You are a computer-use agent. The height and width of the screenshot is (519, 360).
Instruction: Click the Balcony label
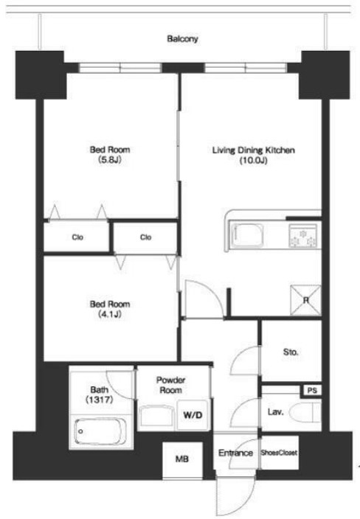[182, 39]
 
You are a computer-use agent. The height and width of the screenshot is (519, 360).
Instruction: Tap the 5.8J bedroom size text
[110, 160]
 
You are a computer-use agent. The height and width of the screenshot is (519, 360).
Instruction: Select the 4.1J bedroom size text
[110, 315]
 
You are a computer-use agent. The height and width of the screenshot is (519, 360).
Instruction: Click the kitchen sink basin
[247, 235]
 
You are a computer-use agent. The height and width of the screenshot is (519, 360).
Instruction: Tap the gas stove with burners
[303, 236]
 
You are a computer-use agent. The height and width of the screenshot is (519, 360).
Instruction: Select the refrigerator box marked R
[305, 300]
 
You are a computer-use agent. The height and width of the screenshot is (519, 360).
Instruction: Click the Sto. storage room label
[291, 352]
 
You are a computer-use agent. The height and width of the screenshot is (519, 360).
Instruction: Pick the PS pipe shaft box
[311, 391]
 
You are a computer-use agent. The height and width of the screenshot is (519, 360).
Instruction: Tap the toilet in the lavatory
[305, 412]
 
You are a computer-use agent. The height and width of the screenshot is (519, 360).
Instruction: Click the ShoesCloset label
[279, 453]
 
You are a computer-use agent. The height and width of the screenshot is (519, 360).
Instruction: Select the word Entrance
[235, 453]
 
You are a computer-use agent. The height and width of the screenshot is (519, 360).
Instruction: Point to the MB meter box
[182, 459]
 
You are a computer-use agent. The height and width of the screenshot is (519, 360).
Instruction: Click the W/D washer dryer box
[193, 415]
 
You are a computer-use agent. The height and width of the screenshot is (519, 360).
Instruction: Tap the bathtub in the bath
[100, 431]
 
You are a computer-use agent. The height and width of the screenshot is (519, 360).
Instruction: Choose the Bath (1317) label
[100, 395]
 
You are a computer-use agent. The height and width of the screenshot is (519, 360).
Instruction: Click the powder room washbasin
[156, 417]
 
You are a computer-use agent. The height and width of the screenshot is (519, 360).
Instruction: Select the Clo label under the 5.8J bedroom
[77, 237]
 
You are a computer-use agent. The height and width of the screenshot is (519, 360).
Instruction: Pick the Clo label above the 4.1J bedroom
[146, 237]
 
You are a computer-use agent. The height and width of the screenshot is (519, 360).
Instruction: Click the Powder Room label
[171, 386]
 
